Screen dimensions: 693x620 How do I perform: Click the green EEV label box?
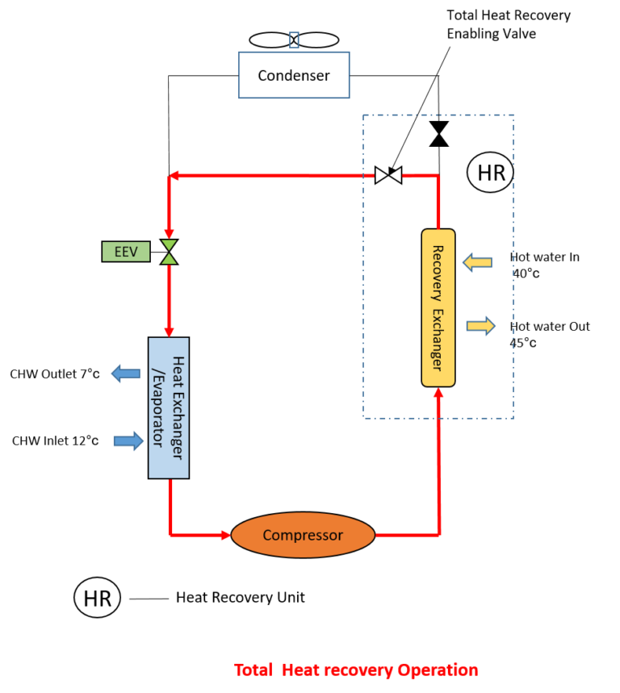click(126, 252)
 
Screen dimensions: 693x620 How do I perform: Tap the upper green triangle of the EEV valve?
click(169, 245)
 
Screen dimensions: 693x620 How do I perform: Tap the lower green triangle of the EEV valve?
click(169, 258)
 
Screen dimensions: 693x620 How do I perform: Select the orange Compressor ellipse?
click(303, 535)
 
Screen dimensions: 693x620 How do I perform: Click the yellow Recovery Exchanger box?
click(438, 307)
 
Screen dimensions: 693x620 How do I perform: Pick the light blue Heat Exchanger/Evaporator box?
click(169, 407)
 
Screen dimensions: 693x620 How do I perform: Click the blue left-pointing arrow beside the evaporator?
click(125, 374)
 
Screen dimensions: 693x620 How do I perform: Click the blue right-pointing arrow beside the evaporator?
click(128, 440)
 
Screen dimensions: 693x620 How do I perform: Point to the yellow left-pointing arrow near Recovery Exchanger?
click(477, 262)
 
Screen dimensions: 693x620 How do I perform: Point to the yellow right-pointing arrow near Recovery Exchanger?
click(481, 326)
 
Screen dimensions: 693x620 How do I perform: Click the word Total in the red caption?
click(253, 670)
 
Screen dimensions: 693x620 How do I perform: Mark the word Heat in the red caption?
click(300, 670)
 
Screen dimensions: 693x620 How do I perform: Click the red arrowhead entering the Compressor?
click(227, 535)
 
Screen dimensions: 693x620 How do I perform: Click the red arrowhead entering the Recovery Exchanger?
click(438, 393)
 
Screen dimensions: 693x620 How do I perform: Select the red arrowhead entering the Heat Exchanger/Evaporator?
click(169, 332)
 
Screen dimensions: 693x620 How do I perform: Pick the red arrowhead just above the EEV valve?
click(169, 234)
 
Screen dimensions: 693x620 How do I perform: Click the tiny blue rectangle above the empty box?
click(294, 40)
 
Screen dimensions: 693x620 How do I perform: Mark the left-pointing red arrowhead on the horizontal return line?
click(174, 175)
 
